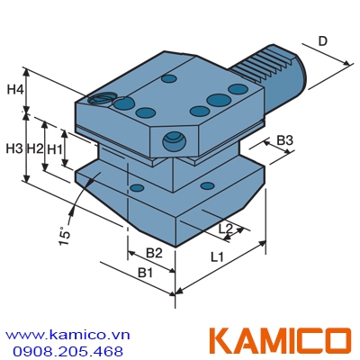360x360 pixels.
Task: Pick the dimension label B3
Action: point(285,140)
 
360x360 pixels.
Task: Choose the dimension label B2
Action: point(154,252)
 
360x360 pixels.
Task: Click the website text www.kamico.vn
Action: point(67,333)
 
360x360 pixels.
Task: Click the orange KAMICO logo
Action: point(279,341)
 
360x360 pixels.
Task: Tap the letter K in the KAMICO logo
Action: point(221,341)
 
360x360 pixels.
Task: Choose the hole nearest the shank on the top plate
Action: point(238,89)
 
